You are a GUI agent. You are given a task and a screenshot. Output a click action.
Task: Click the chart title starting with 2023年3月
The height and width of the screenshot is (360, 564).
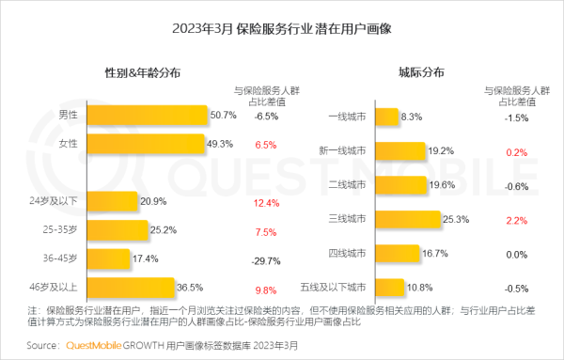281,27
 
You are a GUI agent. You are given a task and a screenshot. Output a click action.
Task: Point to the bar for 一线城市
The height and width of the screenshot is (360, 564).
386,117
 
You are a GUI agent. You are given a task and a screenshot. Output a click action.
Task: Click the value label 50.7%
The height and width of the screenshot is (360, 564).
223,116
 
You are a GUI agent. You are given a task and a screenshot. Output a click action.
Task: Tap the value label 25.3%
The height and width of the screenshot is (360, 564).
456,220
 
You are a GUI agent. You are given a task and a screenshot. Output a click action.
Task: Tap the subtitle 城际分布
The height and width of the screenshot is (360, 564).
421,72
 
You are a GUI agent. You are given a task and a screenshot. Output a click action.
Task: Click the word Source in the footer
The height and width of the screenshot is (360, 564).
44,346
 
